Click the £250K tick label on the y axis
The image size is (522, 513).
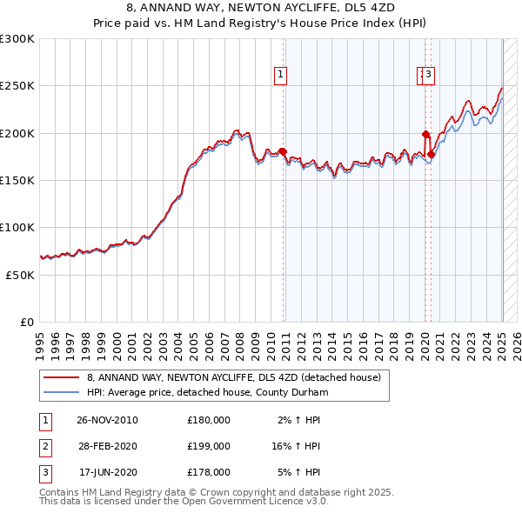click(17, 86)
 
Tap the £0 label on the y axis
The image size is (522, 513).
click(27, 322)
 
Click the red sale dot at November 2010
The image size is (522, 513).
click(283, 152)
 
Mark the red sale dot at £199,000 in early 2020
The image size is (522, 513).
click(425, 135)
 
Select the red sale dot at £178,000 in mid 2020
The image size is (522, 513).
click(431, 154)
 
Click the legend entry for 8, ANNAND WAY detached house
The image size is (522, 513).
click(234, 378)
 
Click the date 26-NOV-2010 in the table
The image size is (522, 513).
click(108, 420)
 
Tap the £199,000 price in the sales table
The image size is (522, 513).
click(209, 446)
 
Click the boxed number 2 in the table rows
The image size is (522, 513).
click(44, 446)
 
